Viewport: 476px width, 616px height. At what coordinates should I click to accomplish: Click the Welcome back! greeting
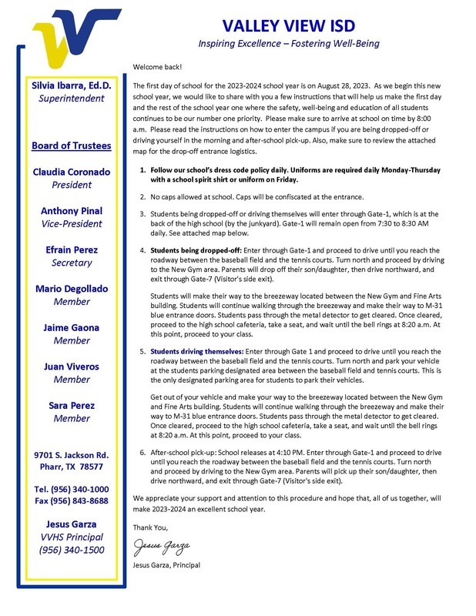(x=157, y=67)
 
